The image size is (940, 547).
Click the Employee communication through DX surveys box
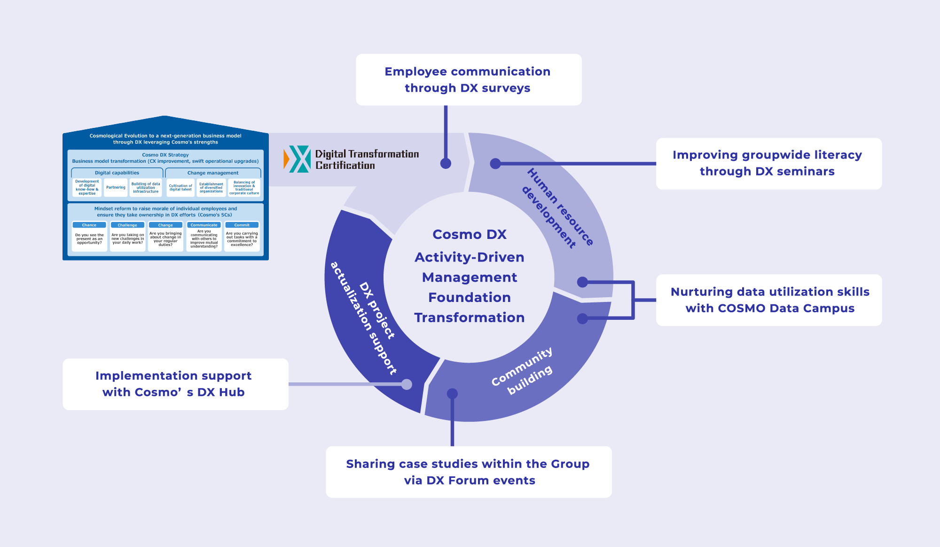[x=469, y=79]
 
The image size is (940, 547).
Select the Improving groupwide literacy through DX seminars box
[x=768, y=163]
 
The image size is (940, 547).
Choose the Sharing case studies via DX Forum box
[x=469, y=472]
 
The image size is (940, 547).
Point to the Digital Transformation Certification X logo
[x=298, y=159]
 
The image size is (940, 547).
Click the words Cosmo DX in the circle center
[x=469, y=234]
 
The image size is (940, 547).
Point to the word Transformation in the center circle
[x=469, y=317]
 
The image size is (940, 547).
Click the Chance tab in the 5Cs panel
[x=89, y=225]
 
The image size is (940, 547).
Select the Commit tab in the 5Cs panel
[x=242, y=225]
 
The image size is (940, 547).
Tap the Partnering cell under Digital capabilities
[x=116, y=187]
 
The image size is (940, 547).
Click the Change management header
[x=213, y=173]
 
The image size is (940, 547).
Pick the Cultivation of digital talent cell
[x=180, y=187]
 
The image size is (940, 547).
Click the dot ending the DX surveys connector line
[x=446, y=163]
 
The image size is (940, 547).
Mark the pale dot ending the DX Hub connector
[x=407, y=384]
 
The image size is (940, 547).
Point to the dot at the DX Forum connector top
[x=452, y=393]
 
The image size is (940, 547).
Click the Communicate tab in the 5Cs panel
[x=204, y=225]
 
